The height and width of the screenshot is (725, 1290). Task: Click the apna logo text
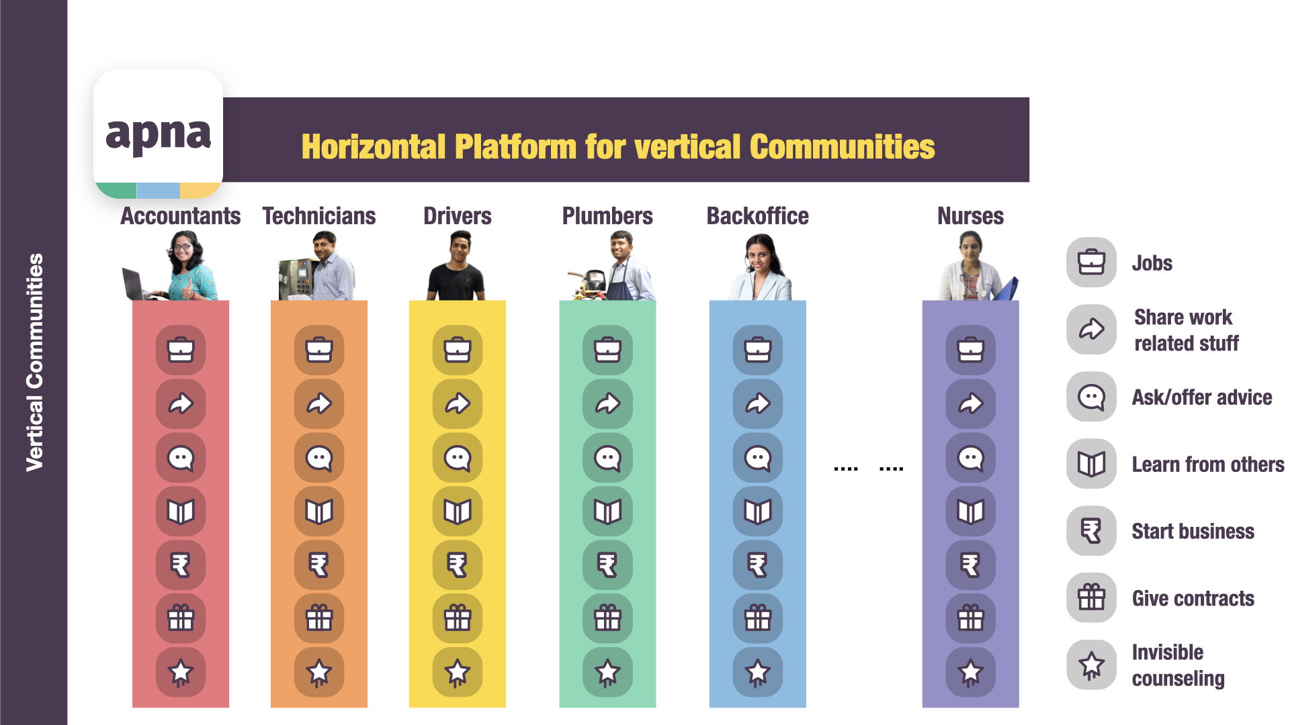tap(159, 135)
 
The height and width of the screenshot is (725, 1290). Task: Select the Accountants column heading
tap(180, 216)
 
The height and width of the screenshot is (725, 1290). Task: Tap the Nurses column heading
tap(970, 216)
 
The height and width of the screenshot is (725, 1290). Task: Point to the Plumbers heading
tap(607, 216)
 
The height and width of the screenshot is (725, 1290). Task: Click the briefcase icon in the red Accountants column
tap(181, 350)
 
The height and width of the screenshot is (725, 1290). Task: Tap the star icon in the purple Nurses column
tap(971, 672)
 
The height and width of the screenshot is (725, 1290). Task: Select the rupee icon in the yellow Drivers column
tap(458, 565)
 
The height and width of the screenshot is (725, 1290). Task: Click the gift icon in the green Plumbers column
tap(607, 618)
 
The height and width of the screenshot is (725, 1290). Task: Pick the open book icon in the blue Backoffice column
tap(758, 512)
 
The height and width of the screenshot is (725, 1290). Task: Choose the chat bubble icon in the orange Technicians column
tap(319, 458)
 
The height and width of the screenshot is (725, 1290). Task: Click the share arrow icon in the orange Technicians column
tap(319, 403)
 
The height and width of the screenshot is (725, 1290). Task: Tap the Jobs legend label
tap(1152, 263)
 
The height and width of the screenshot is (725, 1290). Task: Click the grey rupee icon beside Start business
tap(1092, 531)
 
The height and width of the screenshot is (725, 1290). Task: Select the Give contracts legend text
tap(1193, 598)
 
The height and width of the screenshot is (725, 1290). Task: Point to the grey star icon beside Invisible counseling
tap(1092, 665)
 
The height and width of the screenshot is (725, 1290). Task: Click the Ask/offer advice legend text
tap(1202, 397)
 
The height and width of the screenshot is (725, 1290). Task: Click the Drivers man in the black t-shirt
tap(457, 266)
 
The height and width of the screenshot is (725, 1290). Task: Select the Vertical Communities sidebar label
tap(34, 362)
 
